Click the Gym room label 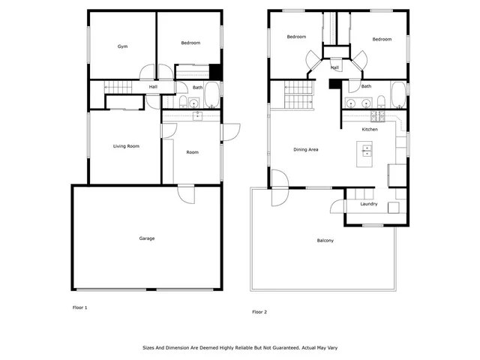click(122, 46)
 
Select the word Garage click(146, 238)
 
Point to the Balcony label click(325, 241)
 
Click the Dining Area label click(305, 150)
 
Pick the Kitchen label click(370, 130)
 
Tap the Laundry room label click(368, 204)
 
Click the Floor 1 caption click(79, 307)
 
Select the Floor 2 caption click(259, 311)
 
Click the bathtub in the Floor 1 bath click(213, 96)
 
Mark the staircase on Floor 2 click(298, 95)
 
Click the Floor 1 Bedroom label click(190, 43)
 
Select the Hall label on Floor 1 click(153, 88)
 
